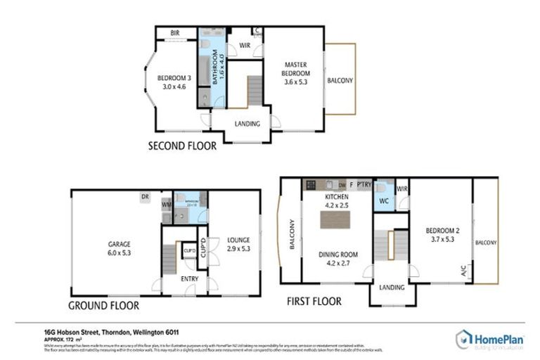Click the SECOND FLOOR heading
[x=181, y=147]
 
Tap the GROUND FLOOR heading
[x=103, y=306]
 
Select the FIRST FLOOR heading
[x=314, y=301]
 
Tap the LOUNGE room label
[x=238, y=244]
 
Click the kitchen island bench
[x=335, y=219]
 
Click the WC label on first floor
[x=384, y=202]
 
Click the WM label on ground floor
[x=167, y=205]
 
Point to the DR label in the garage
[x=145, y=196]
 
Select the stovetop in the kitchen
[x=311, y=185]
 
